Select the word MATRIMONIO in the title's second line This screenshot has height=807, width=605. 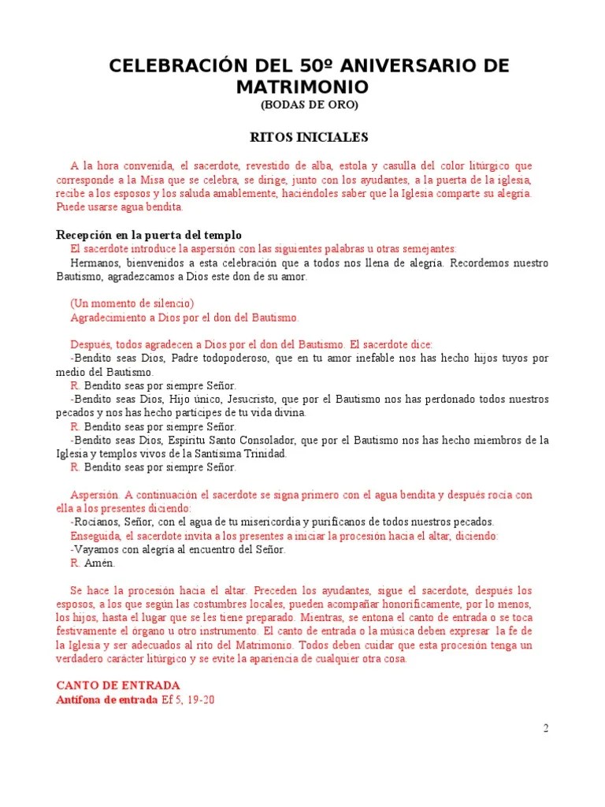tap(302, 85)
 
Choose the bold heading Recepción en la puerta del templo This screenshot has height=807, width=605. tap(148, 235)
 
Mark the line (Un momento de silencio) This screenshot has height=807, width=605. tap(132, 303)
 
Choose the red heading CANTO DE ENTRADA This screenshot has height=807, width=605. tap(118, 685)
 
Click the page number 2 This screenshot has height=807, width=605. tap(545, 727)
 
